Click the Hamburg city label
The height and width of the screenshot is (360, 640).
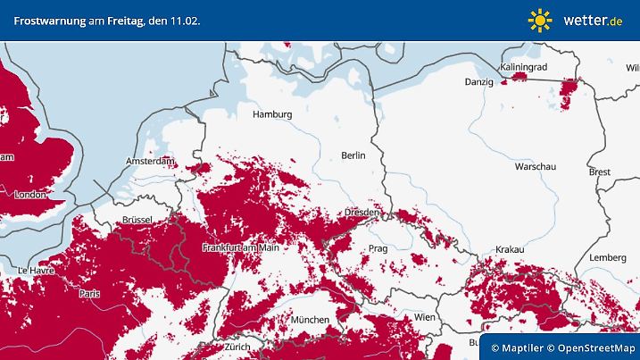coord(272,114)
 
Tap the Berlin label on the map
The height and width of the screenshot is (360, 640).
coord(353,155)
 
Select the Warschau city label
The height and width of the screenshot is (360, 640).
coord(536,167)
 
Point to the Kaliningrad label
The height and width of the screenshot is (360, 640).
coord(523,67)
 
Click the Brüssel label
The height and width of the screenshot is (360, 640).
coord(137,220)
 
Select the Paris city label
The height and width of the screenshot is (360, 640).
coord(89,293)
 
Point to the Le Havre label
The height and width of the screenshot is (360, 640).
coord(36,270)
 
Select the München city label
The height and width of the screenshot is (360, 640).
coord(309,320)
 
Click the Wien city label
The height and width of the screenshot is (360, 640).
coord(424,317)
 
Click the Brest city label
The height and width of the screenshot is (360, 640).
coord(600,172)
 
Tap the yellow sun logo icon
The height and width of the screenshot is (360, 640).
coord(539,20)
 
